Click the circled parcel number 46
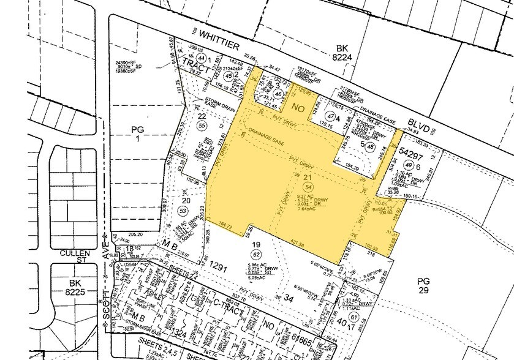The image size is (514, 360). (279, 94)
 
